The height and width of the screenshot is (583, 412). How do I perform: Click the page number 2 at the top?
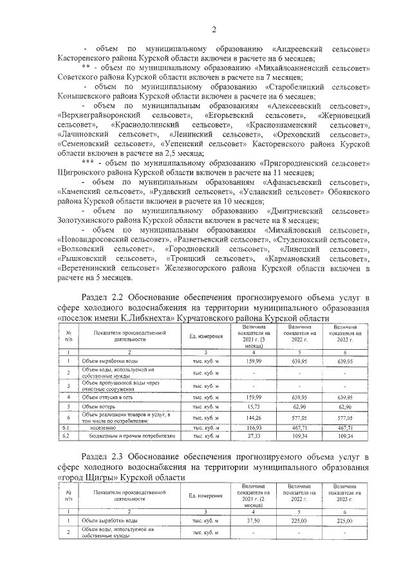pyautogui.click(x=212, y=28)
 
